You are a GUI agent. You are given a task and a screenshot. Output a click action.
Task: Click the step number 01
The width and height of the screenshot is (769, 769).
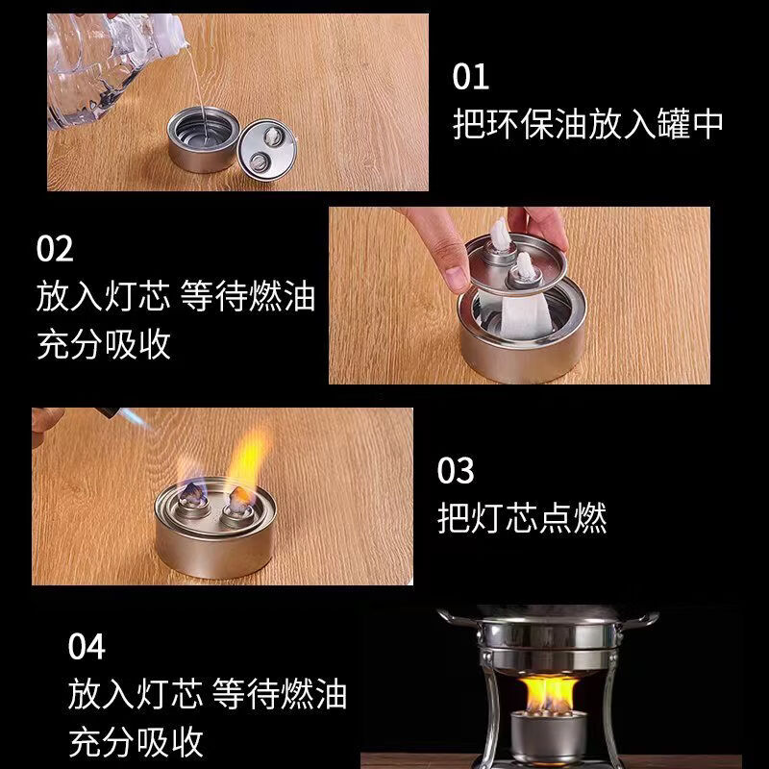471,76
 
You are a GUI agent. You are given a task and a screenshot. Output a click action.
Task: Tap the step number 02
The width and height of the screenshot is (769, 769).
55,249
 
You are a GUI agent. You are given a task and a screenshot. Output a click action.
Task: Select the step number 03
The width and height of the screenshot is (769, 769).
456,471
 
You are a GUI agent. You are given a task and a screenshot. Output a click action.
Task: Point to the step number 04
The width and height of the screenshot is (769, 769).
87,646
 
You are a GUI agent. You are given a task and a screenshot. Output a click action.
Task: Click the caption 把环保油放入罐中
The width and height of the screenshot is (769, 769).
587,124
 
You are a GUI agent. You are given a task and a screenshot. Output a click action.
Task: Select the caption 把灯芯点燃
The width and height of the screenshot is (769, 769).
522,519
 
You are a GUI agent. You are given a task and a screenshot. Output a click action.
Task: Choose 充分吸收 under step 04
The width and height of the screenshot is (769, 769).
136,741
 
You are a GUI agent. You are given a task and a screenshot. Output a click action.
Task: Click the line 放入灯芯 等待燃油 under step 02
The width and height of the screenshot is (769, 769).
176,296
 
